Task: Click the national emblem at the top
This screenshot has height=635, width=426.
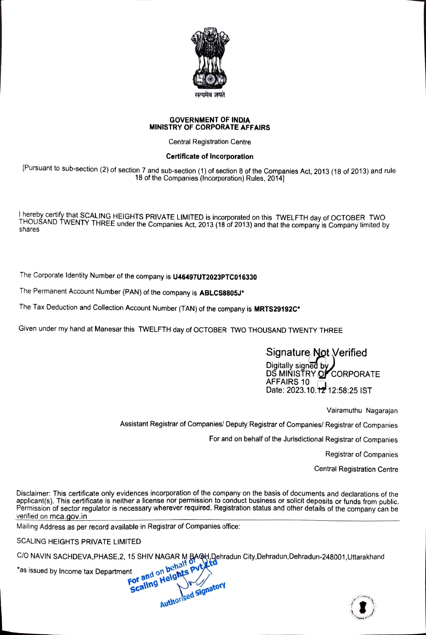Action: (210, 58)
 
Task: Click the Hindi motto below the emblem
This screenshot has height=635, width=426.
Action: (210, 95)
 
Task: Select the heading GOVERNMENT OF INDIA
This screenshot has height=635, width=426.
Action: (210, 120)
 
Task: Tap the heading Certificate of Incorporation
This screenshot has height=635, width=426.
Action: (210, 156)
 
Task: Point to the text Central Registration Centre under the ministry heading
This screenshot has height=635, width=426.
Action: (210, 142)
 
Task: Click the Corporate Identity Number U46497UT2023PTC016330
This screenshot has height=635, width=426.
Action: (215, 277)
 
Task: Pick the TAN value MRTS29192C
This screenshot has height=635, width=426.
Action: (275, 309)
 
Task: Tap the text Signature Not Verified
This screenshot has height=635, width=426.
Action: (316, 353)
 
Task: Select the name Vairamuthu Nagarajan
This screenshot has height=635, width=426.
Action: (362, 411)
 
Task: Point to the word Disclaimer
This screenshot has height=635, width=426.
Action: (33, 493)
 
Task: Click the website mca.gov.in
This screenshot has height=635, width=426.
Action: (68, 516)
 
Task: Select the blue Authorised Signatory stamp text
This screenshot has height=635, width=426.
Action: (193, 595)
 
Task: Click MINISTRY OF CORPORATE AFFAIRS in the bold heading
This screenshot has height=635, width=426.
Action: (210, 127)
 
